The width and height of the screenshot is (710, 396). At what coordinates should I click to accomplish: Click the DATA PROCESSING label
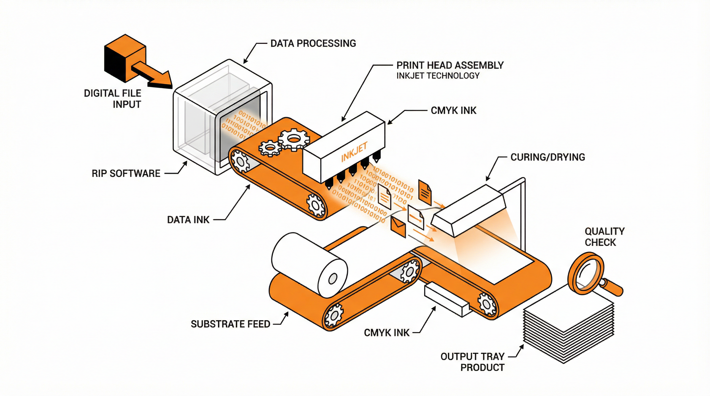point(313,44)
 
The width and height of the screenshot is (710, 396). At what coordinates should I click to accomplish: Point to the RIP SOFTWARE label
point(126,174)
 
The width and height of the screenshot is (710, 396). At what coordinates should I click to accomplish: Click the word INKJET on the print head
point(354,152)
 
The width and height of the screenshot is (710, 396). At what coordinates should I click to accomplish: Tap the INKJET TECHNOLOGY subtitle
point(438,76)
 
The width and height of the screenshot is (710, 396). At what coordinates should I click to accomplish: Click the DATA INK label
point(188,220)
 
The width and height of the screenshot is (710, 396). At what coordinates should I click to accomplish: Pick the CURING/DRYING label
point(547,157)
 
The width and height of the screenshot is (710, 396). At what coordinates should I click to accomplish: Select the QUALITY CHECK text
point(604,237)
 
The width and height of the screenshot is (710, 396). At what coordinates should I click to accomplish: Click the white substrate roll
point(309,264)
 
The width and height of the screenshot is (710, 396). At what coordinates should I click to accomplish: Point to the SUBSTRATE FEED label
point(230,324)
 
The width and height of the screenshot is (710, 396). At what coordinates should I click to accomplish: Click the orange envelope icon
point(398,227)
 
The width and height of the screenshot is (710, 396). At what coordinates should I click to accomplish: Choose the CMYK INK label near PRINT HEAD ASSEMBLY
point(453,111)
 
